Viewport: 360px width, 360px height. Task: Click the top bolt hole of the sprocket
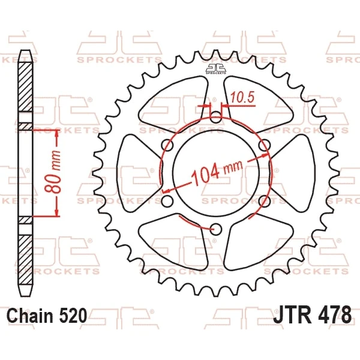point(215,117)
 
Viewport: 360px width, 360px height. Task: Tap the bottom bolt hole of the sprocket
point(216,229)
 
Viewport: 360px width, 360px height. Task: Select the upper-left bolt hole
point(167,145)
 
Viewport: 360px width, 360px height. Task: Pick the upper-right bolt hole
point(264,145)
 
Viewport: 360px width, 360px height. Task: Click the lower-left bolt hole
point(167,201)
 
